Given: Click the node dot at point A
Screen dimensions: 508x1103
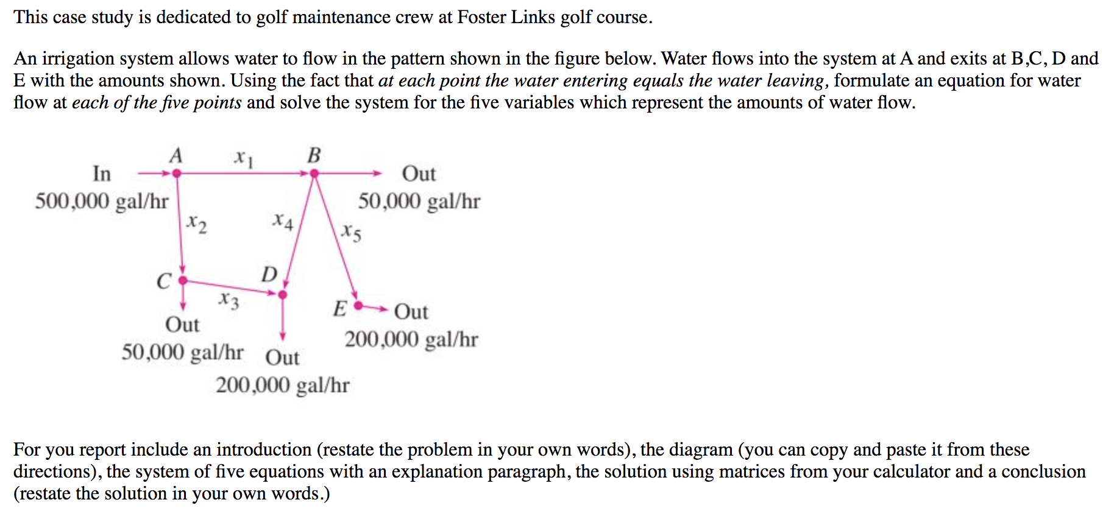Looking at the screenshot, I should [177, 174].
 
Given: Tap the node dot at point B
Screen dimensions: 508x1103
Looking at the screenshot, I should [314, 174].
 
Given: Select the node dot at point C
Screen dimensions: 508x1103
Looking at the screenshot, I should [182, 281].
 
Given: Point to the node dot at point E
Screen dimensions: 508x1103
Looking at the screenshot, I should [358, 305].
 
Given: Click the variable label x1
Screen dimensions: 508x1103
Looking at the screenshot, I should [244, 158].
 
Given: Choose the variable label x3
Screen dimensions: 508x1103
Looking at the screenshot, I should [229, 300].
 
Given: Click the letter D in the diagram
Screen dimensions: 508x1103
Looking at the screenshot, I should [269, 275].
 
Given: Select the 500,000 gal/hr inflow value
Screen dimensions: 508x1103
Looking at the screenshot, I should [102, 201].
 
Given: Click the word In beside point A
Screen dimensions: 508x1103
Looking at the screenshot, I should [102, 174].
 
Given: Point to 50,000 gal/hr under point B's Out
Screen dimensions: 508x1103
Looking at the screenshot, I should [419, 201].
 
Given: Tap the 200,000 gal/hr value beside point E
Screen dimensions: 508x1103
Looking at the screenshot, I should [411, 339].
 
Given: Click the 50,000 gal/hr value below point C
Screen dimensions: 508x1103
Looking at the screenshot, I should [182, 352].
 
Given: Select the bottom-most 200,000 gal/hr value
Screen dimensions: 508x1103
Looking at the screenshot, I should [283, 385].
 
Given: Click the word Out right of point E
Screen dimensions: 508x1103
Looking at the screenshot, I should [411, 312].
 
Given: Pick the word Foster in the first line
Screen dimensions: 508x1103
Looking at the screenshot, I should [481, 17].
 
